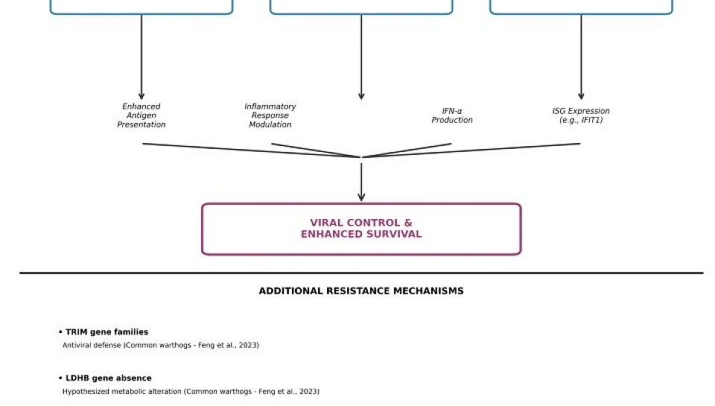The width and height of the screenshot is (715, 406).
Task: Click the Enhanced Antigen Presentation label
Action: click(142, 115)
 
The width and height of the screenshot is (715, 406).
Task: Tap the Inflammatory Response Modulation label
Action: click(270, 115)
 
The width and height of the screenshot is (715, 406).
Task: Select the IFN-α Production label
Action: click(452, 115)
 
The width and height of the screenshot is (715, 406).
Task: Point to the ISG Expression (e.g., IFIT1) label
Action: click(581, 115)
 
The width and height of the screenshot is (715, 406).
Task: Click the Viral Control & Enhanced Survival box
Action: click(361, 229)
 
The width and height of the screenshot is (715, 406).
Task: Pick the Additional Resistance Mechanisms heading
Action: click(361, 291)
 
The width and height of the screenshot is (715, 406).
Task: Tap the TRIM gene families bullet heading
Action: click(104, 332)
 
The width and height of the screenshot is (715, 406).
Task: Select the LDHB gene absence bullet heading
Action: click(105, 378)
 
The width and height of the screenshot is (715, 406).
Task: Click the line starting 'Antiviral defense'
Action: click(161, 346)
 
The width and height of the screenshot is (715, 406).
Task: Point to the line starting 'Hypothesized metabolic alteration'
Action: click(191, 391)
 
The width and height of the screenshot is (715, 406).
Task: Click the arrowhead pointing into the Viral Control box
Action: click(361, 197)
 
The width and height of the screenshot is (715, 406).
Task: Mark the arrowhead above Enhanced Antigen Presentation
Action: click(142, 96)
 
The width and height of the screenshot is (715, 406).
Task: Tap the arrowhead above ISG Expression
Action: click(581, 96)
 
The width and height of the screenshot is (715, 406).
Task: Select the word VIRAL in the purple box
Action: click(324, 223)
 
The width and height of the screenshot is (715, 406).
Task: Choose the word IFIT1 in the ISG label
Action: click(591, 120)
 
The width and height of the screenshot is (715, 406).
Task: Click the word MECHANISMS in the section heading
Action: click(428, 291)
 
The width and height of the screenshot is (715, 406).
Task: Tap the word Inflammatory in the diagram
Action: click(270, 107)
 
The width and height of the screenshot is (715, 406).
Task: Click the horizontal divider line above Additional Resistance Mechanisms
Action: click(361, 273)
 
